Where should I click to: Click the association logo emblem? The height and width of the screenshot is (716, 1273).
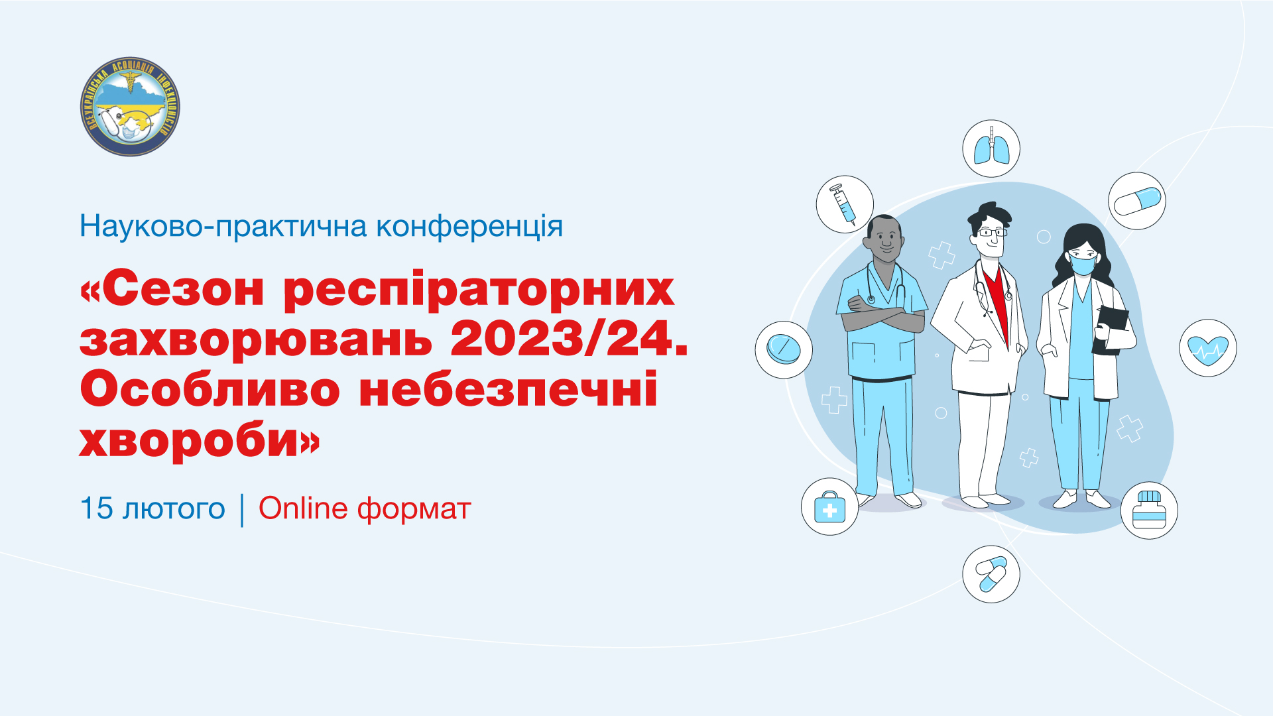(x=130, y=107)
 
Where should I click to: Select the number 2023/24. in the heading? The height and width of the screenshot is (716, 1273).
(x=569, y=339)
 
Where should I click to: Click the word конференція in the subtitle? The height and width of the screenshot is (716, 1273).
(x=469, y=227)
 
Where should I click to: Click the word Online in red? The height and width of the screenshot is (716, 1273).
(x=303, y=508)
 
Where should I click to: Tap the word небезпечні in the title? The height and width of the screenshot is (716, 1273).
(x=508, y=390)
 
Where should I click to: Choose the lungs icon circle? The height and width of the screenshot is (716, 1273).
(x=991, y=149)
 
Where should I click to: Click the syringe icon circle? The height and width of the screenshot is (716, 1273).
(x=844, y=204)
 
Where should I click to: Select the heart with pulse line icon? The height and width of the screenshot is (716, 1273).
(x=1207, y=348)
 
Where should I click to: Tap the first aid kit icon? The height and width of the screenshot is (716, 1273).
(x=829, y=507)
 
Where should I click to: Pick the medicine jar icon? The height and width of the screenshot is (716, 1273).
(x=1149, y=510)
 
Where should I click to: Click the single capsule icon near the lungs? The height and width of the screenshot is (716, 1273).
(x=1136, y=201)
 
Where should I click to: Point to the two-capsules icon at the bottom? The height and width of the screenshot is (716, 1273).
(x=991, y=574)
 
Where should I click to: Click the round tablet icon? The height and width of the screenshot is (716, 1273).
(x=784, y=349)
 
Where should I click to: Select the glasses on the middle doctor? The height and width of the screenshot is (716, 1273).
(x=992, y=232)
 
